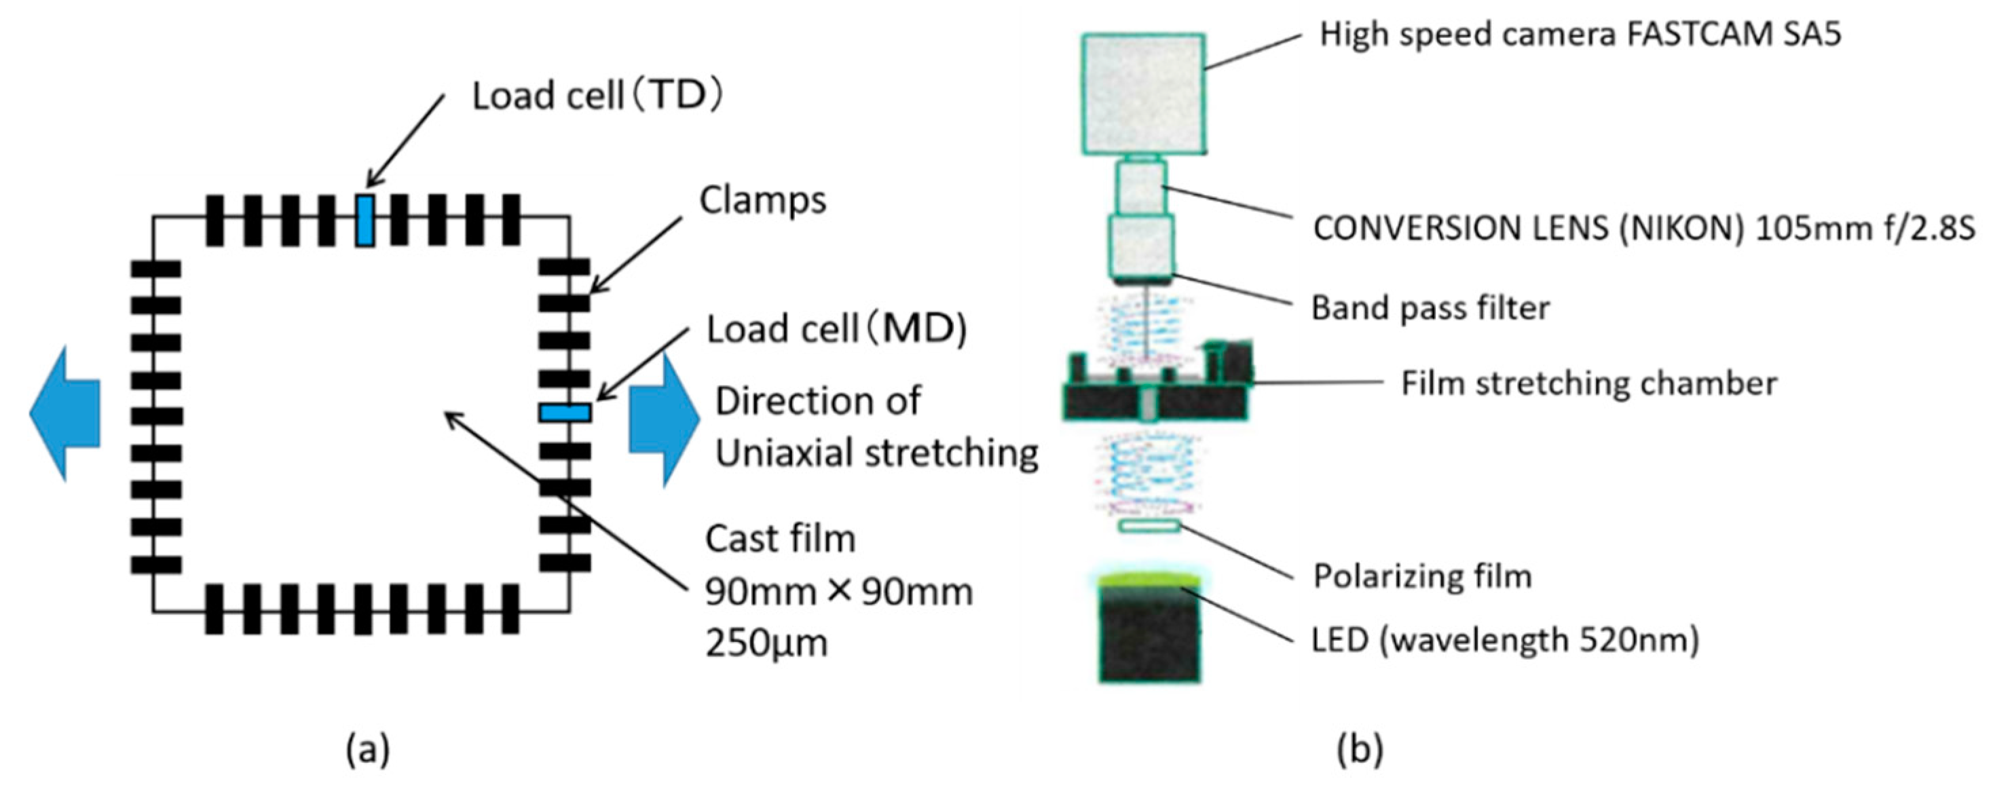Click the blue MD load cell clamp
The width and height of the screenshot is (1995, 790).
click(565, 412)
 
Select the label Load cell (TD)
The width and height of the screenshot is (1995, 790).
click(597, 96)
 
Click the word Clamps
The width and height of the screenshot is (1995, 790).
click(763, 201)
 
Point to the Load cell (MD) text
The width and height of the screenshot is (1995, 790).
click(837, 330)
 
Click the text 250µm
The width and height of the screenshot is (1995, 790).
click(766, 643)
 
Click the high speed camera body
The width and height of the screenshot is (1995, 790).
click(1143, 94)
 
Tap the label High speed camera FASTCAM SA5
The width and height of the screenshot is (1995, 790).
click(1580, 35)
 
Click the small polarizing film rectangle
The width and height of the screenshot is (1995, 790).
click(1149, 527)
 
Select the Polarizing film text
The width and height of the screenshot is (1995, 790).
click(1423, 576)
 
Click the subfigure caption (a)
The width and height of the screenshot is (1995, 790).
click(368, 750)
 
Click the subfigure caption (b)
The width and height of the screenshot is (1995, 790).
click(1360, 750)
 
